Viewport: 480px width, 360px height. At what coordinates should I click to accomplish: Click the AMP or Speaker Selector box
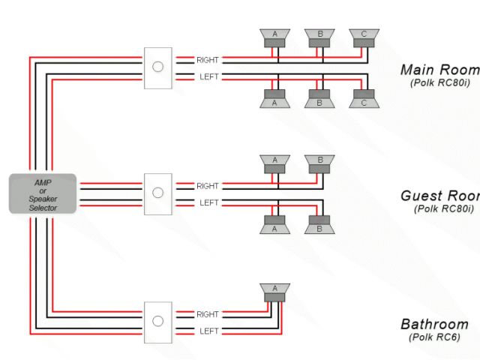(43, 193)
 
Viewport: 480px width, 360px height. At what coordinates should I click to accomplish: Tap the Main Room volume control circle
(157, 67)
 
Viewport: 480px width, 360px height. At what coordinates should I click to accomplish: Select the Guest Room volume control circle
(157, 193)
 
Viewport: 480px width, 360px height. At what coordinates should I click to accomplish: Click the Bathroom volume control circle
(157, 322)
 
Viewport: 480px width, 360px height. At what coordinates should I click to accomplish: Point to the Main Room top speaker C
(364, 37)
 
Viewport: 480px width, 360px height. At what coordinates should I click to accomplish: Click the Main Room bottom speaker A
(275, 98)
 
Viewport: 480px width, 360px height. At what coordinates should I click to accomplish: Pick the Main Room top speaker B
(319, 37)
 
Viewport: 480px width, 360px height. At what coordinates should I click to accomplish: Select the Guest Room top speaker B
(319, 163)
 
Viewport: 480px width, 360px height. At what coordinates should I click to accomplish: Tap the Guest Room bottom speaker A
(275, 224)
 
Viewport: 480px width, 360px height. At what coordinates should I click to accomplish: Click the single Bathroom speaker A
(275, 292)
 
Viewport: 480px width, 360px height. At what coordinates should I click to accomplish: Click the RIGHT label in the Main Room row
(208, 59)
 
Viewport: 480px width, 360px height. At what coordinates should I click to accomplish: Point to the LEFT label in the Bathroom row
(208, 331)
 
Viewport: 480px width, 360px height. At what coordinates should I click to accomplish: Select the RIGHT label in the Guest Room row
(208, 185)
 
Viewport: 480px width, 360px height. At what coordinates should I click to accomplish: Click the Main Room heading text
(439, 70)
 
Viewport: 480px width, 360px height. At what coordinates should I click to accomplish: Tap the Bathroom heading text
(434, 325)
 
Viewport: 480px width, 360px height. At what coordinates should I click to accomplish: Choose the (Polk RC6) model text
(434, 337)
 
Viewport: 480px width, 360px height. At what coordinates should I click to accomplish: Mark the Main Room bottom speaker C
(364, 98)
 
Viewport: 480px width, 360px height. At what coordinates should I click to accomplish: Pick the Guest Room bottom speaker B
(319, 224)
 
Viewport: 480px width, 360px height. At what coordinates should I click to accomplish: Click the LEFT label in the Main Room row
(208, 76)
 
